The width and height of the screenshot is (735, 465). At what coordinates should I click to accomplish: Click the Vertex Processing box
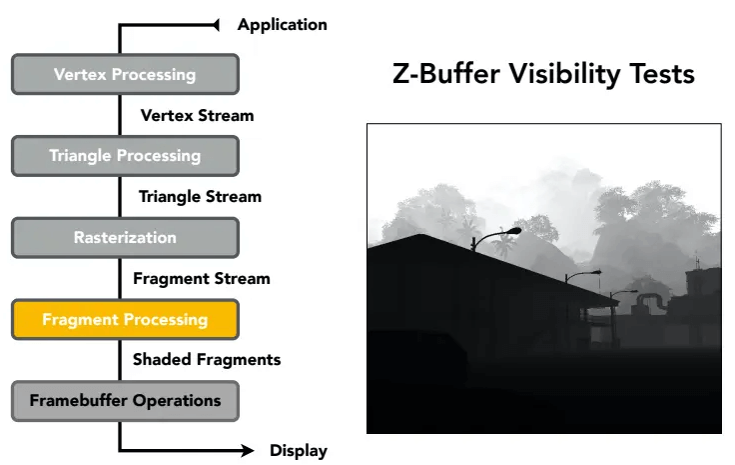(x=125, y=74)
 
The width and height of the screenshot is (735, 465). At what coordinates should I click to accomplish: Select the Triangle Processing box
(x=125, y=156)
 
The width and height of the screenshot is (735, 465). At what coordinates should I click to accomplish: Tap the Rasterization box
(x=125, y=237)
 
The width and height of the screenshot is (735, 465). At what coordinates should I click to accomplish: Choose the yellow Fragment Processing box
(x=125, y=320)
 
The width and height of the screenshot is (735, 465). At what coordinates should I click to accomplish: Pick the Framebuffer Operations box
(x=125, y=401)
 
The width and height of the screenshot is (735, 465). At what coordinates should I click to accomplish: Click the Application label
(x=283, y=25)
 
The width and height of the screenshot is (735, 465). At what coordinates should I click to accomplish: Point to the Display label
(x=299, y=451)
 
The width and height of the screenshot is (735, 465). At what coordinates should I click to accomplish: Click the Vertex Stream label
(x=198, y=115)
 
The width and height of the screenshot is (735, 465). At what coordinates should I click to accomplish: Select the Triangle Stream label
(x=200, y=197)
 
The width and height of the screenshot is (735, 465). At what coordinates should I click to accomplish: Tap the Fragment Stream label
(x=202, y=279)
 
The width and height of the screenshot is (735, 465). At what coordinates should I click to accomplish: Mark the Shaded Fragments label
(x=207, y=360)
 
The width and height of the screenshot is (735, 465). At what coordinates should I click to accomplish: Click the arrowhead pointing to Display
(x=247, y=450)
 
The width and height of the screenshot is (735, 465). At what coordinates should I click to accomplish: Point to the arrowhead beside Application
(x=216, y=25)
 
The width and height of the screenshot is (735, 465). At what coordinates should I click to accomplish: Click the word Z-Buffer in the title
(x=445, y=74)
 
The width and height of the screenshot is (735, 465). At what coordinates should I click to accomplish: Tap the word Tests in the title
(x=662, y=74)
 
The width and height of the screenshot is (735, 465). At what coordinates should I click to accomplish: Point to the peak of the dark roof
(x=421, y=234)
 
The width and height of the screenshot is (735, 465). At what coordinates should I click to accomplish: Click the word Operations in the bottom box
(x=177, y=401)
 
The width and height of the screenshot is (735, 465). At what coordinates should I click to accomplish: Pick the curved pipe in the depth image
(x=652, y=299)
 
